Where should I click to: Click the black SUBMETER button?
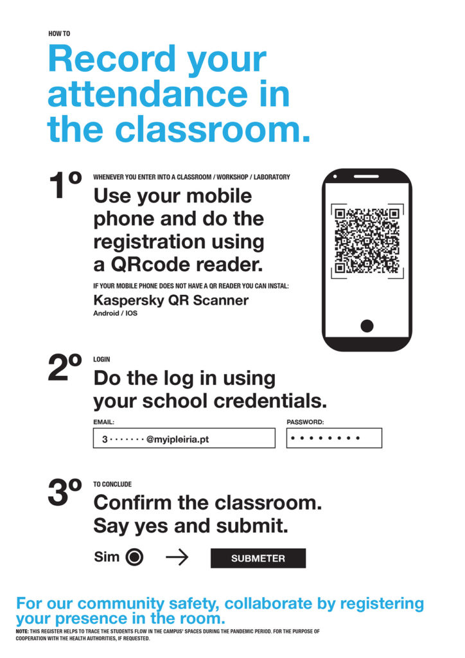258,558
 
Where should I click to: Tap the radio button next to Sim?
134,558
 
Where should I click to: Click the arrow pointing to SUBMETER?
177,558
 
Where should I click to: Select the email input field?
184,438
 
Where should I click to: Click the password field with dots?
333,438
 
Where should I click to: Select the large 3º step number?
66,493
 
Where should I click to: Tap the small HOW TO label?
58,33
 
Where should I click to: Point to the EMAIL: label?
103,422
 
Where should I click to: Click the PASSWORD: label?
305,422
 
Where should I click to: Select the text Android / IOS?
116,314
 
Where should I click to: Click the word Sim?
107,557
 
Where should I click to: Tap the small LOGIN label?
101,360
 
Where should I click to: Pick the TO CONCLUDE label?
112,485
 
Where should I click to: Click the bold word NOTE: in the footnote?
24,632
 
